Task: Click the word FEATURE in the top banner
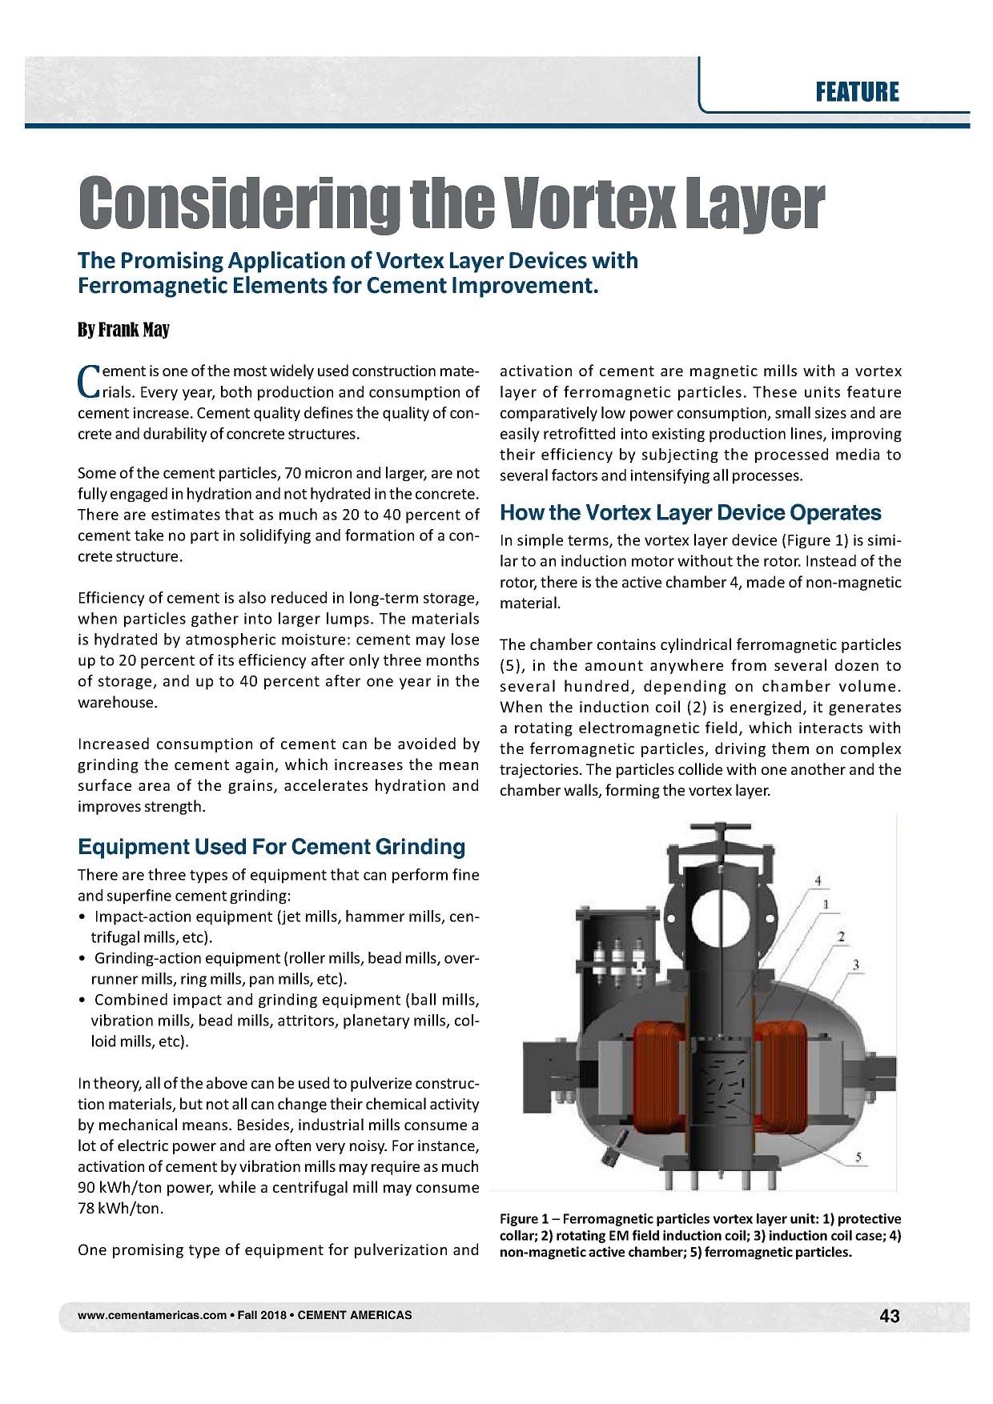click(857, 92)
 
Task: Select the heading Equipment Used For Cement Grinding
click(271, 847)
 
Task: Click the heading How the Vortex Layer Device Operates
click(690, 512)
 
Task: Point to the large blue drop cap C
click(87, 381)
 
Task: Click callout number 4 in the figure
click(818, 881)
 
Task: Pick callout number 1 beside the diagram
click(826, 905)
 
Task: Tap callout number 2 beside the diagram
click(841, 935)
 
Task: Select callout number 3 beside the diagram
click(856, 965)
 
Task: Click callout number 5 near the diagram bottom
click(858, 1157)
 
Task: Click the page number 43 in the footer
click(889, 1315)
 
